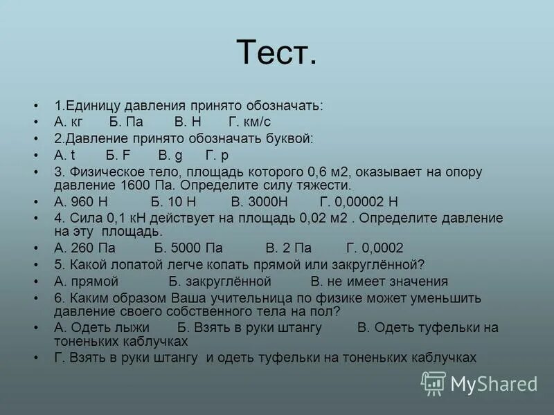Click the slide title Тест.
point(276,52)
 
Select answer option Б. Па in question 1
point(126,122)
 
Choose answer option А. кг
point(69,122)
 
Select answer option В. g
point(170,156)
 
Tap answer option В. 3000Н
point(258,202)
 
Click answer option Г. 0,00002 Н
point(359,202)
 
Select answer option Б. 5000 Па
point(188,248)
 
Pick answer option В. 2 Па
point(289,248)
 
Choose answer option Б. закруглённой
point(220,282)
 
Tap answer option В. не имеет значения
point(379,282)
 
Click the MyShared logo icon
point(434,383)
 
